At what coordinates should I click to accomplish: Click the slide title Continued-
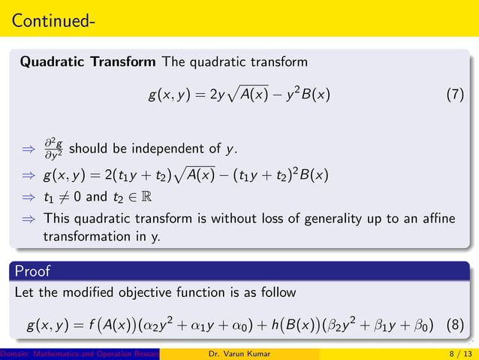(53, 18)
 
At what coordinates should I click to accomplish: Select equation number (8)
(455, 325)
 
